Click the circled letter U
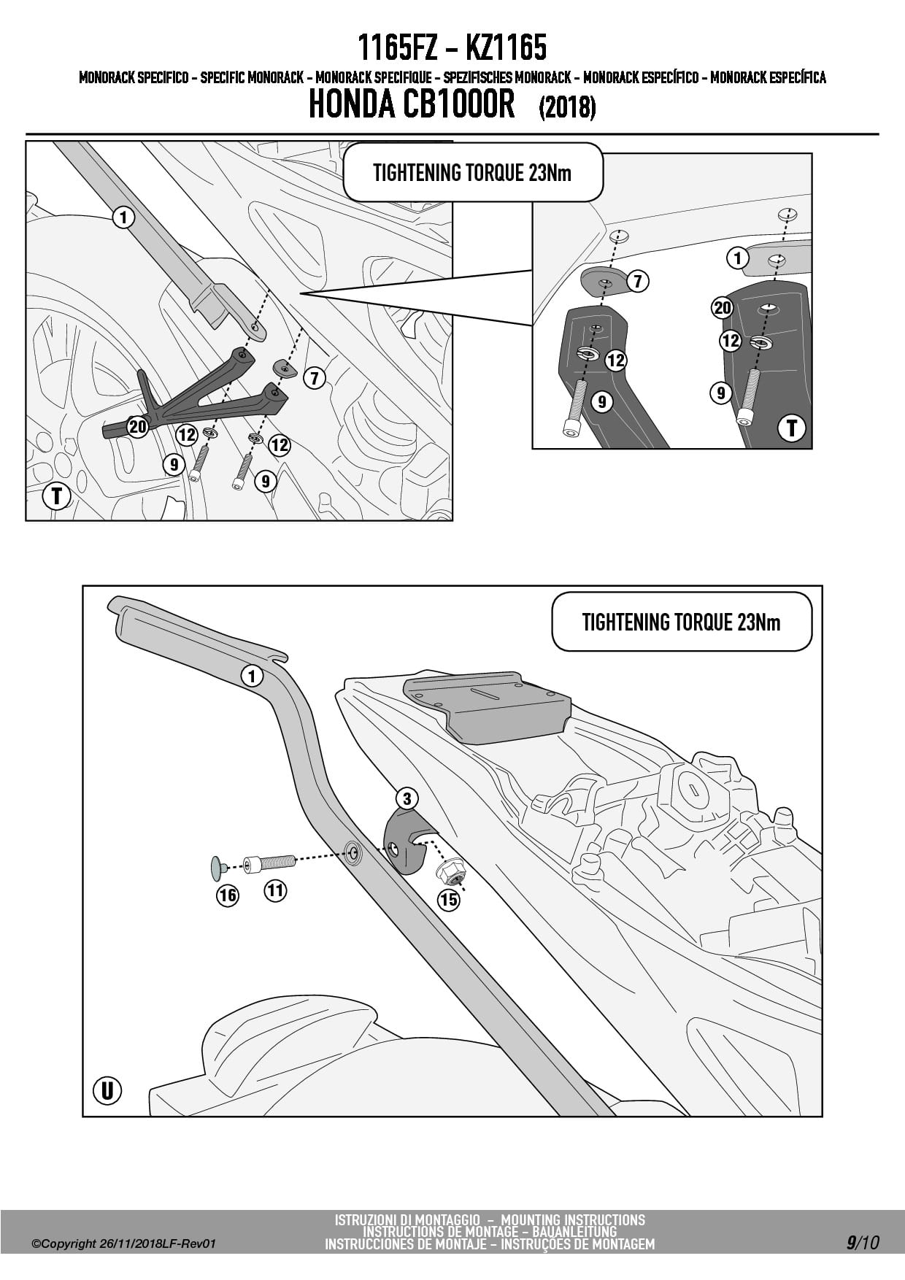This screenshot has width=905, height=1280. click(x=107, y=1091)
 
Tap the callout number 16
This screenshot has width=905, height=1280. click(x=228, y=895)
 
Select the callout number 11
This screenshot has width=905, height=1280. click(x=275, y=890)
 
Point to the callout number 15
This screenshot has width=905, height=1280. click(x=449, y=900)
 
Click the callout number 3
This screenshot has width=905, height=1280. click(x=407, y=798)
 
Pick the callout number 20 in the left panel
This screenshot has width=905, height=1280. click(x=138, y=426)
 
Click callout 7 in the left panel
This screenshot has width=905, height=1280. click(x=315, y=378)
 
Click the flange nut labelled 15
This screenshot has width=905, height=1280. click(x=447, y=872)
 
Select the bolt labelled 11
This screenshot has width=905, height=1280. click(x=269, y=863)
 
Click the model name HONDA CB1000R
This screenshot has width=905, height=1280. click(x=412, y=104)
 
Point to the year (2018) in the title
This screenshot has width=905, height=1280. click(x=568, y=108)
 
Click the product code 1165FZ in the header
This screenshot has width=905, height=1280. click(x=397, y=49)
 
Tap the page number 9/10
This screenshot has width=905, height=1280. click(x=863, y=1243)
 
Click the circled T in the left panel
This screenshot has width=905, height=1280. click(x=56, y=496)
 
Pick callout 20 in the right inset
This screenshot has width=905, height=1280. click(x=723, y=308)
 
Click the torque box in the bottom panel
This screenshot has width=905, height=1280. click(x=682, y=622)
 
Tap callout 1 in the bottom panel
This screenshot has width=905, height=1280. click(x=252, y=676)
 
